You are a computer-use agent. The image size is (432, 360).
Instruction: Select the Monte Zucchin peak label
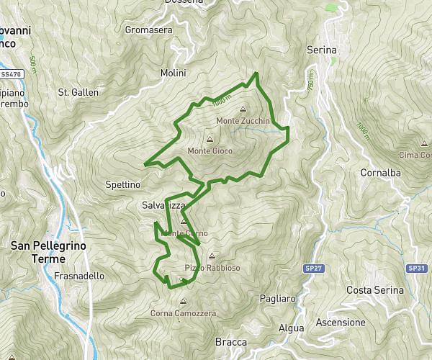(x=242, y=121)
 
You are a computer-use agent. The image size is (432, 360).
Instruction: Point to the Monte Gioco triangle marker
(x=210, y=140)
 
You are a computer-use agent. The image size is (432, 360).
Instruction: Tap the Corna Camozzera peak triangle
(x=184, y=302)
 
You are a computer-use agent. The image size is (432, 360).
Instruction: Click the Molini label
(x=174, y=73)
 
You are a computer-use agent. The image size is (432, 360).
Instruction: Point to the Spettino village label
(x=122, y=184)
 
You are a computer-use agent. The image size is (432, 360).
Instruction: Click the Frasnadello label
(x=79, y=276)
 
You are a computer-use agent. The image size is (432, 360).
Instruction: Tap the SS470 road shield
(x=9, y=73)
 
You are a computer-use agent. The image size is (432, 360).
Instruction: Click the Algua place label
(x=291, y=328)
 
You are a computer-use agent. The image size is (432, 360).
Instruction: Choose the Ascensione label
(x=341, y=322)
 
